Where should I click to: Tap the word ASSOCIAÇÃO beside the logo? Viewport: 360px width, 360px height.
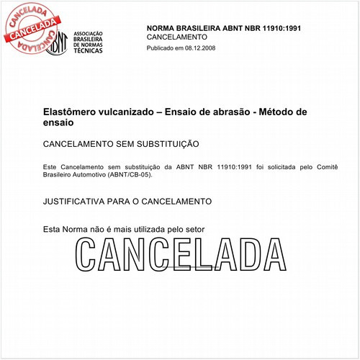pos(89,34)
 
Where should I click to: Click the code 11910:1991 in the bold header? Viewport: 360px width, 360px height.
pos(260,27)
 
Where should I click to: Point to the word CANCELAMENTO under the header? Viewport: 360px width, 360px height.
pos(177,36)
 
